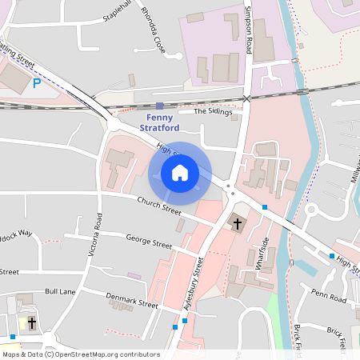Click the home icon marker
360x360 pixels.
click(x=180, y=173)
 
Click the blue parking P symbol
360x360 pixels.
click(x=36, y=82)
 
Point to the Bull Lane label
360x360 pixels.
click(x=60, y=292)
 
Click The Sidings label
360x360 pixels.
click(x=212, y=112)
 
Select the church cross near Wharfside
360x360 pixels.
click(x=238, y=223)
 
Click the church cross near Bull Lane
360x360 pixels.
click(x=31, y=322)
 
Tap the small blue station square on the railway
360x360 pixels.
click(x=160, y=105)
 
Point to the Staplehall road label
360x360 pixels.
click(x=121, y=16)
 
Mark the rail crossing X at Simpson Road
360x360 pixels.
click(x=247, y=98)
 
